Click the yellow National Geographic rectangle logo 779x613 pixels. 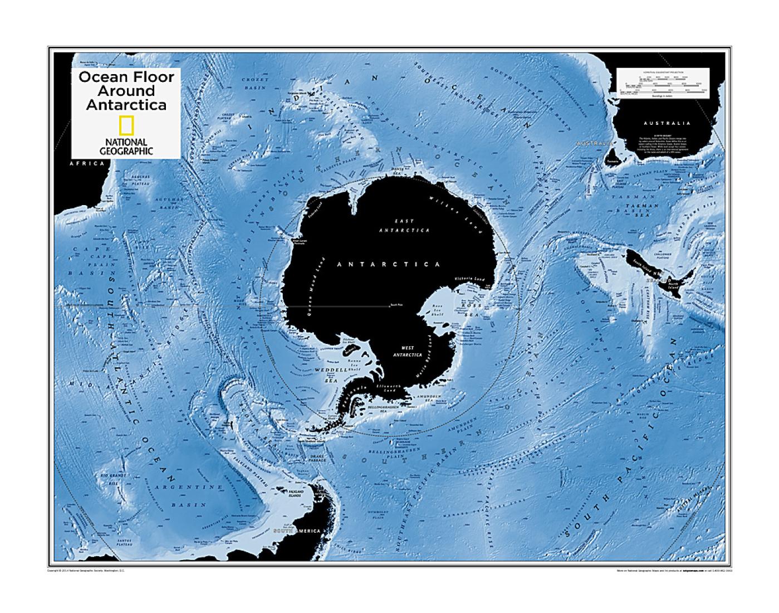(x=126, y=127)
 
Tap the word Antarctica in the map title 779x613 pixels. (x=126, y=105)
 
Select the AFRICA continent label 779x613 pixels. (x=86, y=164)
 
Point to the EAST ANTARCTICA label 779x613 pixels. (x=404, y=225)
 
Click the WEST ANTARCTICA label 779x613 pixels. (x=408, y=351)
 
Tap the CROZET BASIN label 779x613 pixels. (x=255, y=84)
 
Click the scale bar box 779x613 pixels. (x=663, y=83)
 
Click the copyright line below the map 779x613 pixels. (x=89, y=571)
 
